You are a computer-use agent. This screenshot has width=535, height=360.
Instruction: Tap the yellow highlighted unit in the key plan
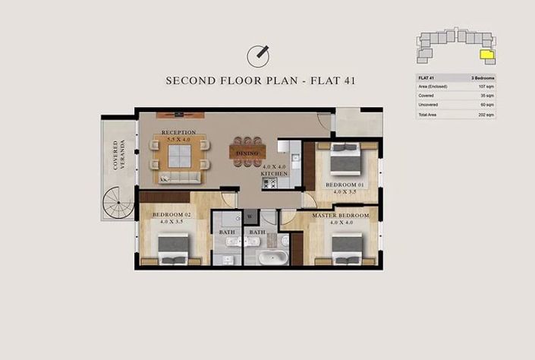coord(486,53)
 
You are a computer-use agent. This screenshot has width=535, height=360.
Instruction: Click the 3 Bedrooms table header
coord(481,78)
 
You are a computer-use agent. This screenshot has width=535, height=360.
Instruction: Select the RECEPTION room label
coord(179,133)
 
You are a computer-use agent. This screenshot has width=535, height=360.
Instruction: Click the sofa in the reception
coord(180,178)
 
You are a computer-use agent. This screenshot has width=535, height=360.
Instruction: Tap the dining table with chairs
coord(247,151)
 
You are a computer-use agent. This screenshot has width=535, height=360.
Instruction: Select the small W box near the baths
coord(249,216)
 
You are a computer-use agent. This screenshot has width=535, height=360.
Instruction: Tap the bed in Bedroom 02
coord(174,248)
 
